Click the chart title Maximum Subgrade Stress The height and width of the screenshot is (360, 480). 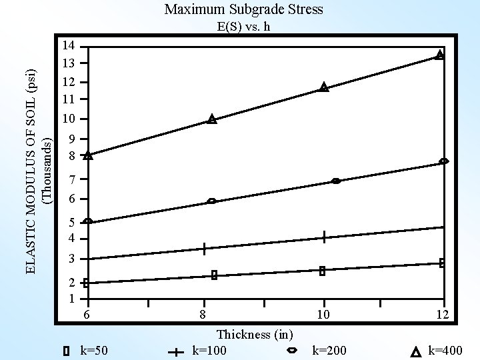point(243,9)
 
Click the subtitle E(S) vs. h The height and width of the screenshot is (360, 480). point(243,27)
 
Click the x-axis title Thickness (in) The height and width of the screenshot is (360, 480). point(255,334)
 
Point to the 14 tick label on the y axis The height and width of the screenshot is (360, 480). point(67,46)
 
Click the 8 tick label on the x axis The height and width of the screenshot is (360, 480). point(202,315)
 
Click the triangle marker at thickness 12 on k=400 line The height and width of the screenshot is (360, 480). point(439,55)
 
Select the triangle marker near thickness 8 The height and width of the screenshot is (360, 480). point(212,119)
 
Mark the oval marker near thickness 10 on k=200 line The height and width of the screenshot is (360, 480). point(335,181)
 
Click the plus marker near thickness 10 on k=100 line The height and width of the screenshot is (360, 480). point(323,237)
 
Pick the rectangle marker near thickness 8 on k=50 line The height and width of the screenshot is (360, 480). point(215,275)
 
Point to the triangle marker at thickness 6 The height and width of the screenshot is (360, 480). point(89,155)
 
